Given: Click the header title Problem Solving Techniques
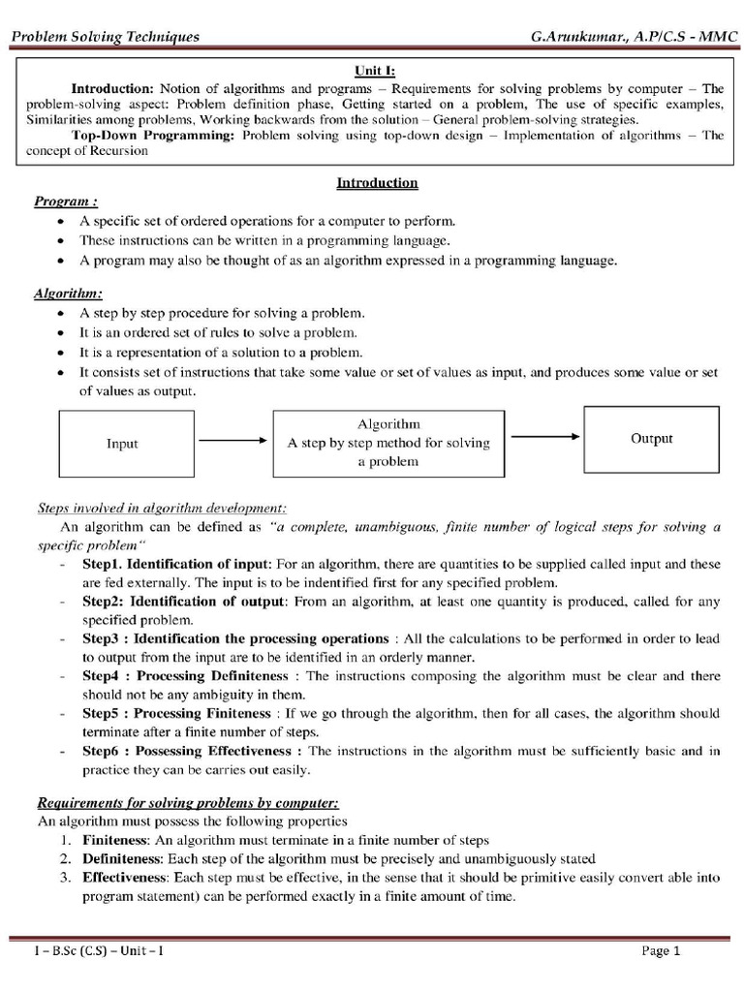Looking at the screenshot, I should pyautogui.click(x=105, y=37).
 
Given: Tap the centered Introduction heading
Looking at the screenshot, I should pyautogui.click(x=377, y=182).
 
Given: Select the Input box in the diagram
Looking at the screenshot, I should pyautogui.click(x=122, y=443).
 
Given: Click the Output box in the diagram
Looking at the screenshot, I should pyautogui.click(x=651, y=438).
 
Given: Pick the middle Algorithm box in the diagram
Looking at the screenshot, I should pyautogui.click(x=388, y=443).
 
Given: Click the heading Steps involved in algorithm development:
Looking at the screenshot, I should pyautogui.click(x=162, y=507).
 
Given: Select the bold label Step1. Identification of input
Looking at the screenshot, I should pyautogui.click(x=177, y=563).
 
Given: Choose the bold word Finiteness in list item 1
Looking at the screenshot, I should pyautogui.click(x=114, y=840).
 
